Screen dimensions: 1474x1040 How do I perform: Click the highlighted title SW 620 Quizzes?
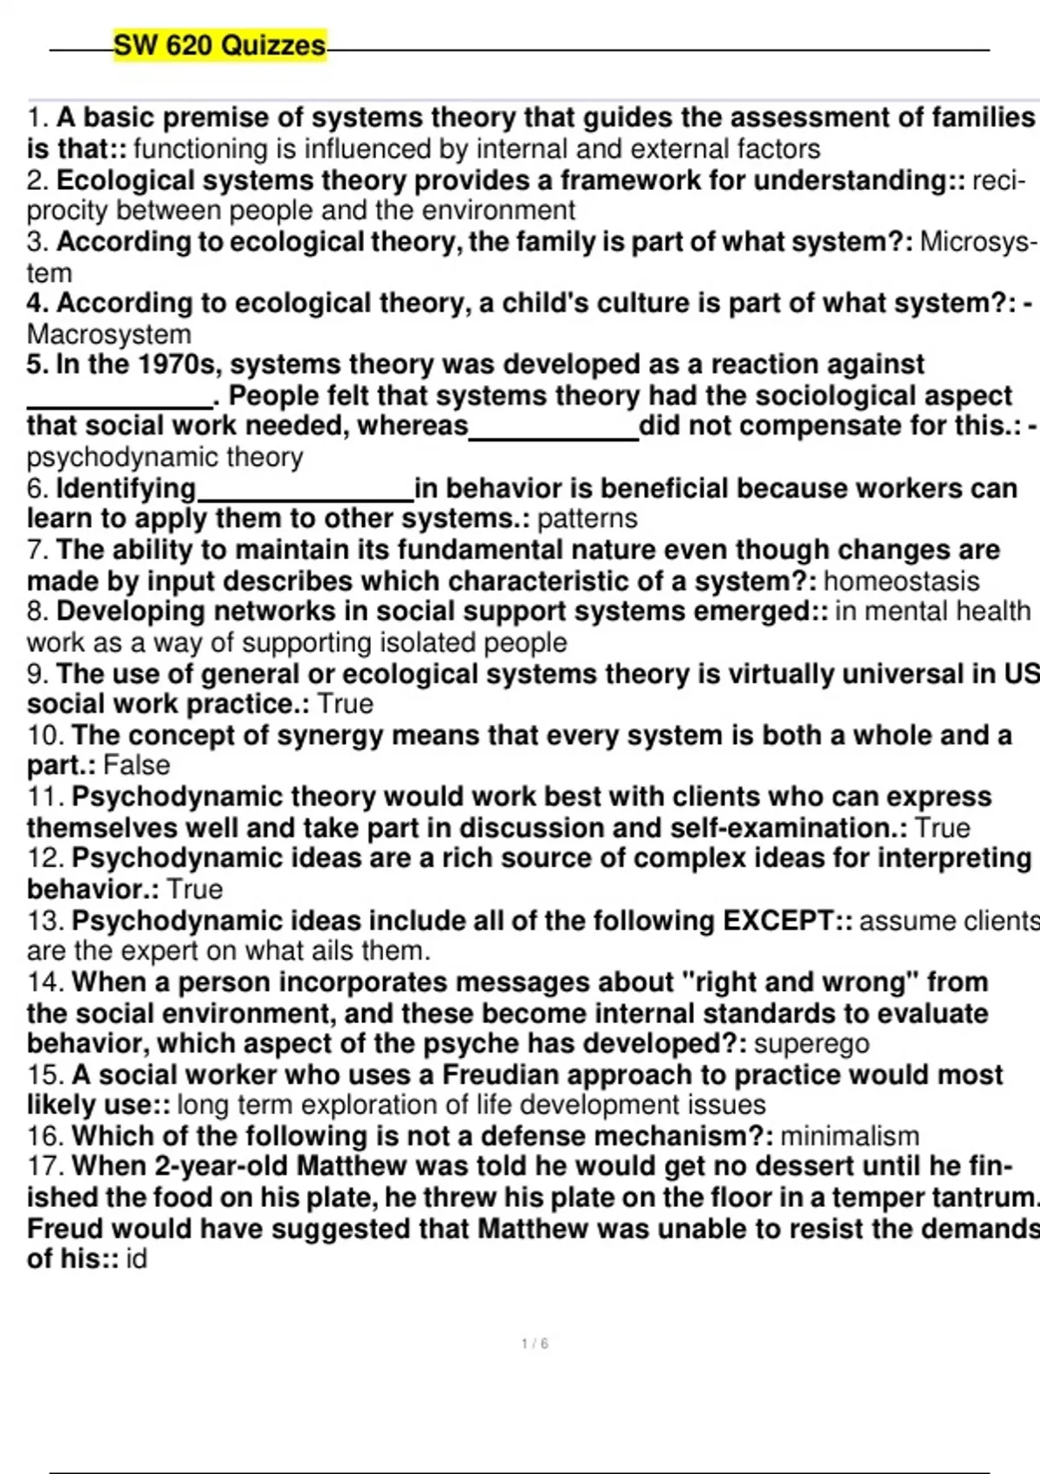point(220,45)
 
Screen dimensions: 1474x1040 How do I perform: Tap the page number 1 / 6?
point(535,1344)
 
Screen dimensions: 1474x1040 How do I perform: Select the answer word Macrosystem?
point(109,334)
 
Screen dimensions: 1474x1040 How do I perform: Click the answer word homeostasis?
point(901,581)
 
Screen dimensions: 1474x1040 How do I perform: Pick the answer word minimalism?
point(849,1136)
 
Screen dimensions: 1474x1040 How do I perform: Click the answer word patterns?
point(588,519)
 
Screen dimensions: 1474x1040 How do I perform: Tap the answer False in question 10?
point(136,766)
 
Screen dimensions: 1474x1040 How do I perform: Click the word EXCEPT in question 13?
point(777,920)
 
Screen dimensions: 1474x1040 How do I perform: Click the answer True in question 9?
point(345,704)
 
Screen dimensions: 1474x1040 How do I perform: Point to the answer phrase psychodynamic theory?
point(165,457)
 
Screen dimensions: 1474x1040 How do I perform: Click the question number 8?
point(37,611)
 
